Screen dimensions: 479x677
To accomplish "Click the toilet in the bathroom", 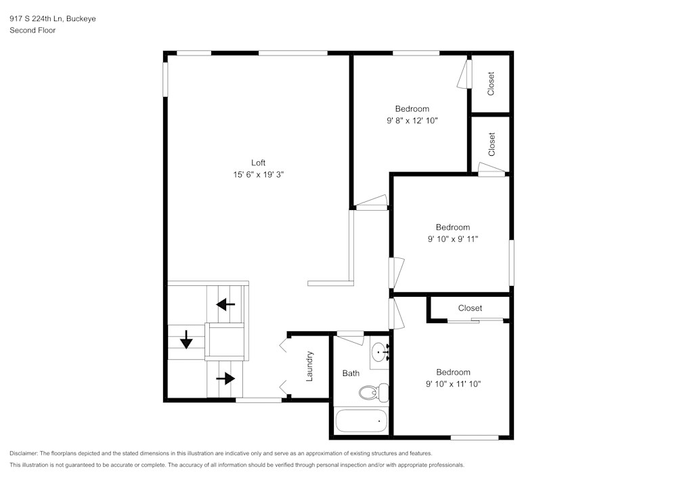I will (x=372, y=392).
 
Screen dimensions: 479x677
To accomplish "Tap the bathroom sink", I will (x=378, y=353).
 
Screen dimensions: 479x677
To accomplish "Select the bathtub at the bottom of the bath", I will (x=361, y=421).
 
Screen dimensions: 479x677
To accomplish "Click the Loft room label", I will (x=258, y=163).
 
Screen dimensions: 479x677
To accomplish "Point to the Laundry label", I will (x=309, y=366).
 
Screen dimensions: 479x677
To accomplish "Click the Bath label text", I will (x=351, y=373).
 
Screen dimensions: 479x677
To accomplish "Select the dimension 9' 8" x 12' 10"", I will (x=412, y=121).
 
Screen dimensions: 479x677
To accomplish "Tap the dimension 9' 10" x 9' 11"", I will (x=453, y=239).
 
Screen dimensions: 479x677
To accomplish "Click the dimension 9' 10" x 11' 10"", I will (x=453, y=384).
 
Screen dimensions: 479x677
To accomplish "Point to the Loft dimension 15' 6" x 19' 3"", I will (x=258, y=175).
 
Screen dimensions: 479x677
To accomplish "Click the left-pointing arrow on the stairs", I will (x=225, y=304).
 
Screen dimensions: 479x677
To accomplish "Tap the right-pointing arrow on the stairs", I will (x=225, y=378).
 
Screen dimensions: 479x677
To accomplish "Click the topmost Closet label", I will (x=492, y=83).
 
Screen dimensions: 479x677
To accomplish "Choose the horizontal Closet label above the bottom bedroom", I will (x=470, y=308).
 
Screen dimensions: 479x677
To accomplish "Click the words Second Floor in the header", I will (x=32, y=30).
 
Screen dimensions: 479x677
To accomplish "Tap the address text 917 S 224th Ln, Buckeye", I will (x=52, y=19).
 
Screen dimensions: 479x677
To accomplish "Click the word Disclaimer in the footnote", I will (x=24, y=453).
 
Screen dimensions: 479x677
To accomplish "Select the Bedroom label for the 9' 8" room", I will (x=412, y=109).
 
